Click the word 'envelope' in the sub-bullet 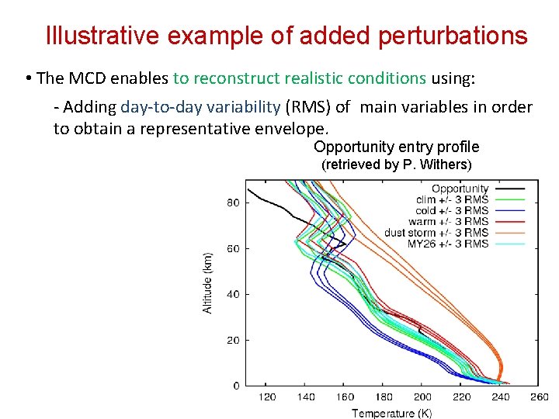300,129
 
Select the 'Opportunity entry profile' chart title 396,147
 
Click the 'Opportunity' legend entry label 460,189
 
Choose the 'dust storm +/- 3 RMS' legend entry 436,233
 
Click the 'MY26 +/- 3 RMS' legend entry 448,244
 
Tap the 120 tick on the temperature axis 266,397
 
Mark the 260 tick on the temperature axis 540,397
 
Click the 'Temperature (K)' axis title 391,413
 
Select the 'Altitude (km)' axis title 207,282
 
